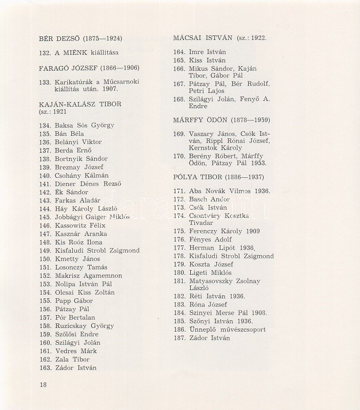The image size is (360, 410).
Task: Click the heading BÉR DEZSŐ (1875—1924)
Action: [x=81, y=37]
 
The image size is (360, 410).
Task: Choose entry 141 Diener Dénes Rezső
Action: [x=88, y=184]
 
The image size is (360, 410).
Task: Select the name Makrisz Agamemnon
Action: [x=88, y=276]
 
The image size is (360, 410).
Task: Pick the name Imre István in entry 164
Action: [x=207, y=52]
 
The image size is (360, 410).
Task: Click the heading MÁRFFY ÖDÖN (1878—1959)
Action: [x=222, y=120]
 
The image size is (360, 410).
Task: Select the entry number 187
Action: [x=179, y=338]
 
